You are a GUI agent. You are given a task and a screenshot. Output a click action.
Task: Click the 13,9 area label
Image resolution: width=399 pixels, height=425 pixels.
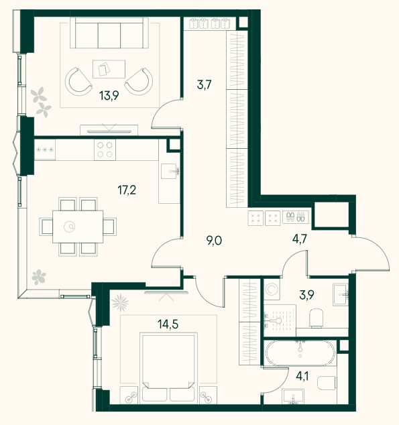click(109, 96)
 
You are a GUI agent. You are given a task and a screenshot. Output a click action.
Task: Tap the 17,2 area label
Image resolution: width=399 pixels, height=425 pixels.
click(127, 190)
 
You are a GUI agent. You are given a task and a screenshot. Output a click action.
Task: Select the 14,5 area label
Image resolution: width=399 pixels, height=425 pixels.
click(168, 324)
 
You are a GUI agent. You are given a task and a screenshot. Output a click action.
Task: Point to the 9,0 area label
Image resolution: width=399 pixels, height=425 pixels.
click(214, 241)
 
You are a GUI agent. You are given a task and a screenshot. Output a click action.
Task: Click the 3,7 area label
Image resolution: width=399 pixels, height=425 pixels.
click(204, 85)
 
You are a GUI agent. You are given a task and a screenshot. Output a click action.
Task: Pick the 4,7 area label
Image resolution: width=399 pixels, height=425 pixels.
click(300, 239)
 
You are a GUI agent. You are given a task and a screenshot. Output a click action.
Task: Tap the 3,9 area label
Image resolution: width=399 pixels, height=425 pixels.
click(307, 295)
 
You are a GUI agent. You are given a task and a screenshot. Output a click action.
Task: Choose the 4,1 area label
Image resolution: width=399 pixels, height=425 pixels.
click(302, 376)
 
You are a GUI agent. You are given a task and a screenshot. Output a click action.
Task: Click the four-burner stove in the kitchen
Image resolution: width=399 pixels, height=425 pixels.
click(105, 149)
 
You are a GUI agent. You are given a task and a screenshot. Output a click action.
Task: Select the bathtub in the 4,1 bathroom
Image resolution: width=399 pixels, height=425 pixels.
click(300, 353)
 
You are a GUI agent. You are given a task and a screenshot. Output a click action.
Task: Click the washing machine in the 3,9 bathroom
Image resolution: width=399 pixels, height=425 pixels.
click(272, 290)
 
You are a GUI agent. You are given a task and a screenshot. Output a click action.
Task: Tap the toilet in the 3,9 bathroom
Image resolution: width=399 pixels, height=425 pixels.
click(317, 318)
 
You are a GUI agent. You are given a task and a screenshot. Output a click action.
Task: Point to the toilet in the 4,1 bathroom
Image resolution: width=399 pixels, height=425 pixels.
click(327, 383)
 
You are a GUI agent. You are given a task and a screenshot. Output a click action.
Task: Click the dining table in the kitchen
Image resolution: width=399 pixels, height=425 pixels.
click(78, 227)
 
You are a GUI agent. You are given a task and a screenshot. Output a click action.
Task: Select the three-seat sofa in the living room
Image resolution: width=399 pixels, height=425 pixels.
click(109, 33)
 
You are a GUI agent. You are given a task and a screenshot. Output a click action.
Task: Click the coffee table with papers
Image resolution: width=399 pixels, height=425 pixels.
click(109, 69)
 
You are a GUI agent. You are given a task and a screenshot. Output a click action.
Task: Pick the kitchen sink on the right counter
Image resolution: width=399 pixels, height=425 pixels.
click(170, 171)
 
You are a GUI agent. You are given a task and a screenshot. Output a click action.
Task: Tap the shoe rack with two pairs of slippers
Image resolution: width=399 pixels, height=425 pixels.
click(296, 217)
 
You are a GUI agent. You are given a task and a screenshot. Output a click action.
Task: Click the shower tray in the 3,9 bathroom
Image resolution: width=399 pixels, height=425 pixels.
click(280, 320)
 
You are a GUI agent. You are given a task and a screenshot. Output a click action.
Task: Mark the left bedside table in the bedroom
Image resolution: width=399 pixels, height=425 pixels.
click(129, 394)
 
